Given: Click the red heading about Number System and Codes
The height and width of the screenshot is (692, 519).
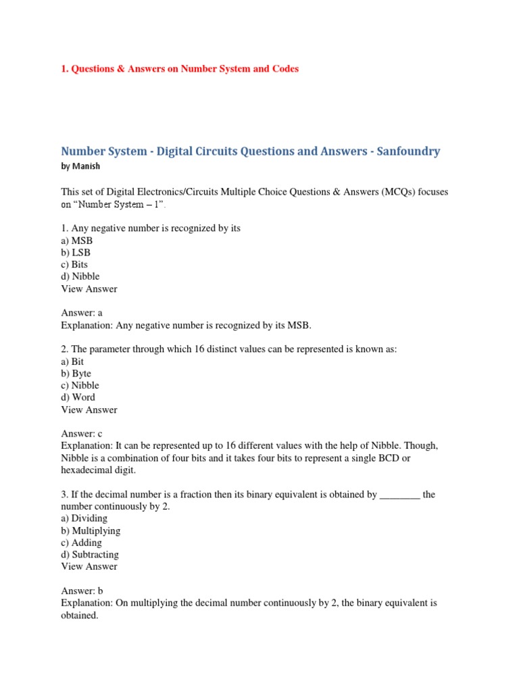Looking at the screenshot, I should point(180,69).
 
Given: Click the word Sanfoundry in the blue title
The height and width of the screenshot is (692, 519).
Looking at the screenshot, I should point(405,151).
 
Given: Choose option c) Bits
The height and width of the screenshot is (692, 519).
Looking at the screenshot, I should point(74,265).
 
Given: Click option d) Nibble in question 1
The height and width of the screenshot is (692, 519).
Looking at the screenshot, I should point(80,276).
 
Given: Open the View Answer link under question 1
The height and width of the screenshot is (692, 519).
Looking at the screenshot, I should point(89,289).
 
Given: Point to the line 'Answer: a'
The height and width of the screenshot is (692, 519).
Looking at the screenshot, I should point(82,313).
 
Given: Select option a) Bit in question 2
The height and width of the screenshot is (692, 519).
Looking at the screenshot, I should point(72,362).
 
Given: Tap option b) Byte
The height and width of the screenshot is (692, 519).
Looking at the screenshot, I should point(76,374).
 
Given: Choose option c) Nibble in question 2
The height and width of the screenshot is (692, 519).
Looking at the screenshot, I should point(80,385).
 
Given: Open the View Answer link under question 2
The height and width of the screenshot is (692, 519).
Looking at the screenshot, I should point(89,410).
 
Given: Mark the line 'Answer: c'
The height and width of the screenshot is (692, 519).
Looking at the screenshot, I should point(82,434).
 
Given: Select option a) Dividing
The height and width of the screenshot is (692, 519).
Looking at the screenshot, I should point(84,518).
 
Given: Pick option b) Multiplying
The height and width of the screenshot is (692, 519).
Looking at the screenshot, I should point(91,530).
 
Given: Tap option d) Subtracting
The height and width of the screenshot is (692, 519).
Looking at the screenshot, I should point(89,555).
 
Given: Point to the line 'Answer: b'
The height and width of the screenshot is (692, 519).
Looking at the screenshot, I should point(82,591).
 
